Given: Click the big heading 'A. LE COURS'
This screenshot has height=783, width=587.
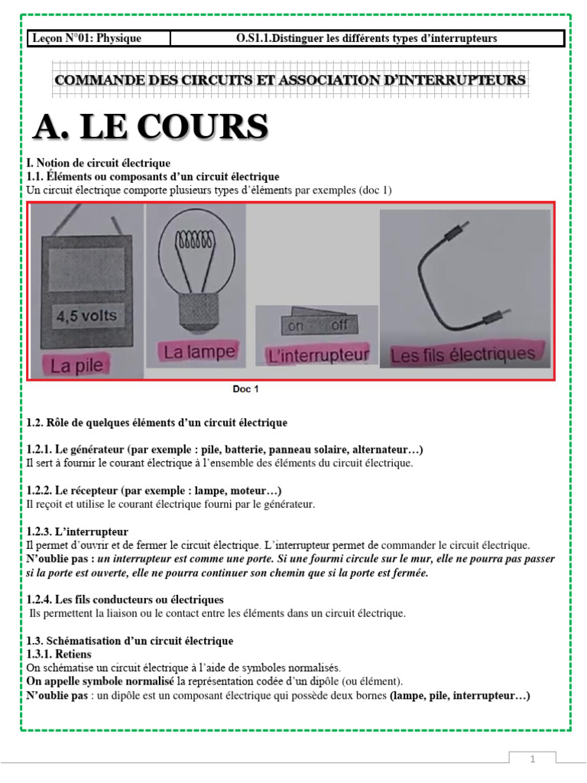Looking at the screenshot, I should (x=151, y=128).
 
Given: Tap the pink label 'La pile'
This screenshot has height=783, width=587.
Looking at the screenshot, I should (x=76, y=366).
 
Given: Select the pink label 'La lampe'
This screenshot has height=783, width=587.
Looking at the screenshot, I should (x=198, y=353).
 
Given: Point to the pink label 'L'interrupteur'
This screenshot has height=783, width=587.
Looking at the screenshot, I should (x=316, y=355).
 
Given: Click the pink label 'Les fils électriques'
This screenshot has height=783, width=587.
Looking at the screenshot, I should (x=463, y=355).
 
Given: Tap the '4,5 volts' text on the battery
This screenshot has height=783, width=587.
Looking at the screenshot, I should (x=85, y=315).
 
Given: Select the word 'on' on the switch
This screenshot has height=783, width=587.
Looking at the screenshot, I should (x=294, y=326).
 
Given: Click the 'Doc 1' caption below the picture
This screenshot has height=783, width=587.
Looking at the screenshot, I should (x=246, y=389).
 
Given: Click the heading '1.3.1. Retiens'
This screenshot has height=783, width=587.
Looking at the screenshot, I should (x=59, y=655).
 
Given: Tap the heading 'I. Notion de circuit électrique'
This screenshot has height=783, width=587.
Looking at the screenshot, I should (x=99, y=163).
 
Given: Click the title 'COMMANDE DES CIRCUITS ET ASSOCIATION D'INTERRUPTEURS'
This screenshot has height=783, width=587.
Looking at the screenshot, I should (x=289, y=80).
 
